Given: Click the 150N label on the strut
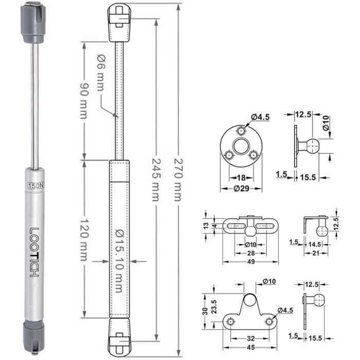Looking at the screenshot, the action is tap(36, 186).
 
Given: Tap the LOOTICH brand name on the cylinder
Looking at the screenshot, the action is tap(34, 252).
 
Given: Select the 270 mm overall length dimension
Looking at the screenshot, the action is tap(178, 179).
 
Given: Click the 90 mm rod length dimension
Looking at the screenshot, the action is tap(83, 100).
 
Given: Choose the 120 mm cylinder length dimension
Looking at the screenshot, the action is tap(83, 240).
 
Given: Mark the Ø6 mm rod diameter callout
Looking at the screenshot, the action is tap(100, 73).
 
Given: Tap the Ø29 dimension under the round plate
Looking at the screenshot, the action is tap(241, 189).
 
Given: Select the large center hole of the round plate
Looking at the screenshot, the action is tap(241, 147).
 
